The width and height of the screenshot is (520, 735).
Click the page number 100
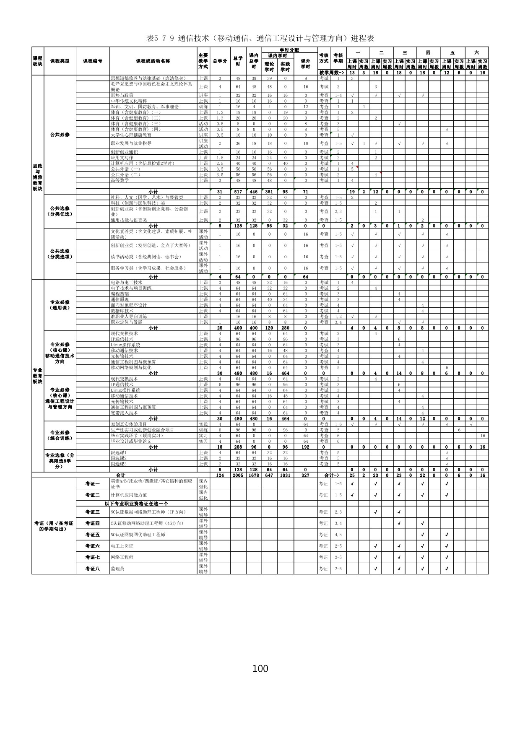click(x=260, y=668)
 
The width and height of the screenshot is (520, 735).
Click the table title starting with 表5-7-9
click(x=260, y=38)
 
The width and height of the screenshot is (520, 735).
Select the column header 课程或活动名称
click(x=153, y=61)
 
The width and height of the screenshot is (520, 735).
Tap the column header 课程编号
click(x=93, y=61)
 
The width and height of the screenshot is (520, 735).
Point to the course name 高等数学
click(x=120, y=180)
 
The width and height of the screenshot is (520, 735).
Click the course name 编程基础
click(x=120, y=294)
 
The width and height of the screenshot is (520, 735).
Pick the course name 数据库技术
click(x=122, y=311)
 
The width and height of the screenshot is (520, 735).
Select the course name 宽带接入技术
click(x=124, y=413)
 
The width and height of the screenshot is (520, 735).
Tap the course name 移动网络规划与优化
click(x=131, y=367)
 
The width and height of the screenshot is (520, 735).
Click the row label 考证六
click(x=93, y=546)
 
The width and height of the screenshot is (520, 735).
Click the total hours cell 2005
click(x=238, y=475)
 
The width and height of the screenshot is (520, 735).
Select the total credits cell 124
click(x=220, y=475)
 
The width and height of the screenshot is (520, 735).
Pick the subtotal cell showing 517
click(x=238, y=192)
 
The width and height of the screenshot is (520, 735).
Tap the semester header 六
click(x=476, y=53)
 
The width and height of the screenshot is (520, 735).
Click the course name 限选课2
click(x=119, y=458)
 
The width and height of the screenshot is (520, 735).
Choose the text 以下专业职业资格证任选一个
click(x=136, y=503)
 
